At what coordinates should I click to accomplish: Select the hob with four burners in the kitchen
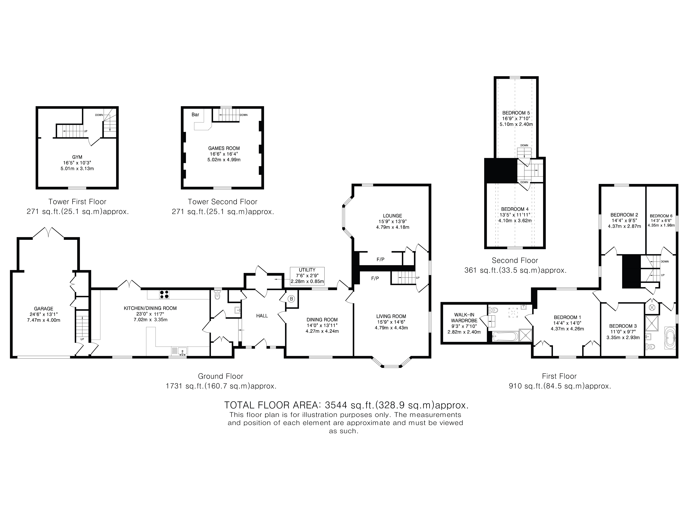pos(164,294)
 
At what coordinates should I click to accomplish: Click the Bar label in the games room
pos(195,115)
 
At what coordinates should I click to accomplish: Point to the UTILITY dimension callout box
pos(307,276)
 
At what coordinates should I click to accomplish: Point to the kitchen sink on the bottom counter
pos(179,351)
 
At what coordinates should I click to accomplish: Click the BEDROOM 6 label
pos(661,216)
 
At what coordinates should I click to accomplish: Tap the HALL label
pos(262,316)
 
